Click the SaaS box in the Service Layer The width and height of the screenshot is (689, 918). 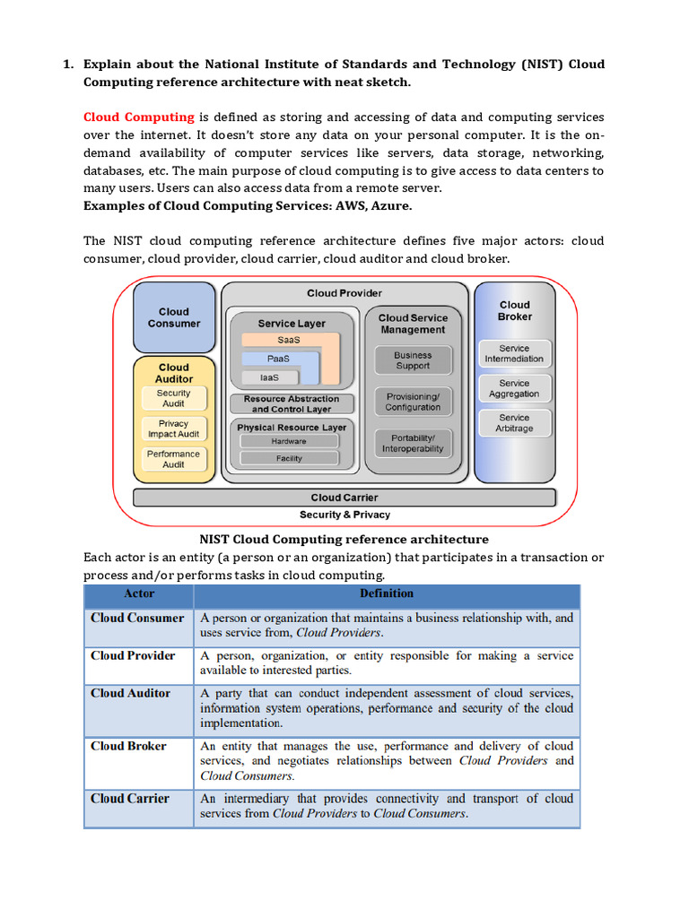[289, 341]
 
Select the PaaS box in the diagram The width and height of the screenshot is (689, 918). [278, 359]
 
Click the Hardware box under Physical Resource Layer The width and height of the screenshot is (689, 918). [289, 441]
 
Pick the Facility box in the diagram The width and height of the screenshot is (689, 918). [289, 458]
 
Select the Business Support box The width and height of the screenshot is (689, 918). [413, 360]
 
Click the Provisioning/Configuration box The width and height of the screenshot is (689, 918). [413, 402]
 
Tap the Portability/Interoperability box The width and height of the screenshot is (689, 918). [413, 443]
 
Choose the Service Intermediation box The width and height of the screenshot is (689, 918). [514, 353]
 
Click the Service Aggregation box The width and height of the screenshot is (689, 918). [514, 388]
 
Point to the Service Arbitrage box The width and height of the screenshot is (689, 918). [514, 423]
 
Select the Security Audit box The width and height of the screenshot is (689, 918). [173, 398]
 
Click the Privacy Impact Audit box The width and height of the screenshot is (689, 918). [173, 429]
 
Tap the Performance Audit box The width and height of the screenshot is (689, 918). [173, 459]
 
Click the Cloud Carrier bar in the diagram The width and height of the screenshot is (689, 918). [344, 498]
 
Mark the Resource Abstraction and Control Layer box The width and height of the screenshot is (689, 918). [291, 403]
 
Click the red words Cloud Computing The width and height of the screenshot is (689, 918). [138, 117]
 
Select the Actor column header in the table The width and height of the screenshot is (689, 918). [139, 593]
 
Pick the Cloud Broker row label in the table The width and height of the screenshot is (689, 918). [128, 746]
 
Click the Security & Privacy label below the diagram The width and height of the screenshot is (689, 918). [344, 515]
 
